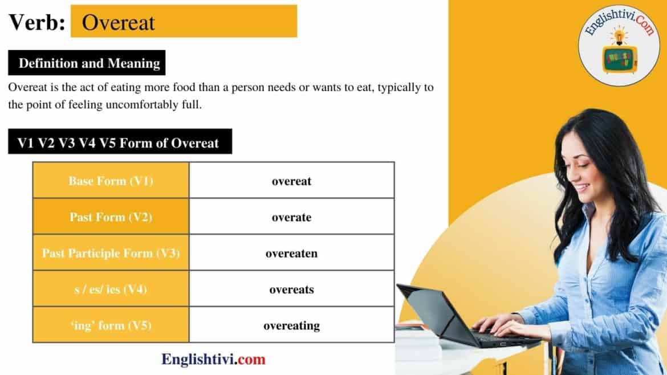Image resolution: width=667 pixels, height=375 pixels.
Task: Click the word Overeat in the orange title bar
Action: pyautogui.click(x=119, y=22)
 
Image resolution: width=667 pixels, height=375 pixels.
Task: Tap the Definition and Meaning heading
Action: pyautogui.click(x=89, y=63)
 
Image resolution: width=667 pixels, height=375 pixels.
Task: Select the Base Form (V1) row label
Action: pyautogui.click(x=111, y=181)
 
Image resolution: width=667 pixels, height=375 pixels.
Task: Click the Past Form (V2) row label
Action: pyautogui.click(x=111, y=217)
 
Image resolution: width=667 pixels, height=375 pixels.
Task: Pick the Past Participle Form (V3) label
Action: pyautogui.click(x=111, y=253)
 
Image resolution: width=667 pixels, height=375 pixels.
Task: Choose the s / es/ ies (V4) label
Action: pyautogui.click(x=111, y=290)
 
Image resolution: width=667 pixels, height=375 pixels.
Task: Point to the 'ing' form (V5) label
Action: pyautogui.click(x=111, y=325)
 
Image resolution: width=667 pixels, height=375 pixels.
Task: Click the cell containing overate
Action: pyautogui.click(x=291, y=217)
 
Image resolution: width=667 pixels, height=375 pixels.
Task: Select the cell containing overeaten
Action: pyautogui.click(x=291, y=253)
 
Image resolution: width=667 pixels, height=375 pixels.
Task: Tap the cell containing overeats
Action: pyautogui.click(x=291, y=290)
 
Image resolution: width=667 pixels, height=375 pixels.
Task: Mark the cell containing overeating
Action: pyautogui.click(x=291, y=325)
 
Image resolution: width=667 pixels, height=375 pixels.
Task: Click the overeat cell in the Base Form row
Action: pyautogui.click(x=291, y=181)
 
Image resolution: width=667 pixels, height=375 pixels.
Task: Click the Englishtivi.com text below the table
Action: pyautogui.click(x=214, y=360)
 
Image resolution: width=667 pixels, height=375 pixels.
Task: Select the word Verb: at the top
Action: pyautogui.click(x=36, y=22)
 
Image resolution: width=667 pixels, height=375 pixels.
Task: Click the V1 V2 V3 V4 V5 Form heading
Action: pyautogui.click(x=119, y=142)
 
